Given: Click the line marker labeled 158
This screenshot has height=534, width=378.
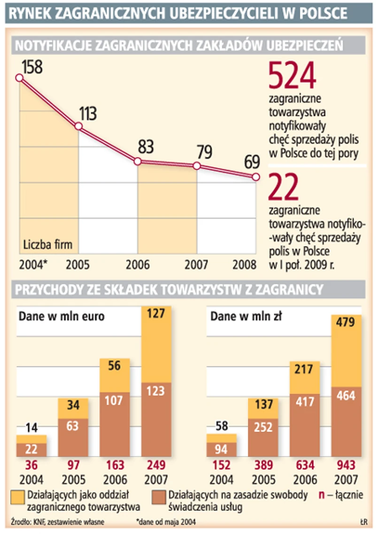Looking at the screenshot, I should (19, 78).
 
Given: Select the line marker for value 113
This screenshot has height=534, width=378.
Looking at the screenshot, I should (78, 126).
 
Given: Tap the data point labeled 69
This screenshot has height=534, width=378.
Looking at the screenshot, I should (255, 177).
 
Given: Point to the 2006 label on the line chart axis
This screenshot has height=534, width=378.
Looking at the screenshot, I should (138, 264).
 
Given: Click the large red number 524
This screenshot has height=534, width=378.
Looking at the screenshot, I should (293, 77).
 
